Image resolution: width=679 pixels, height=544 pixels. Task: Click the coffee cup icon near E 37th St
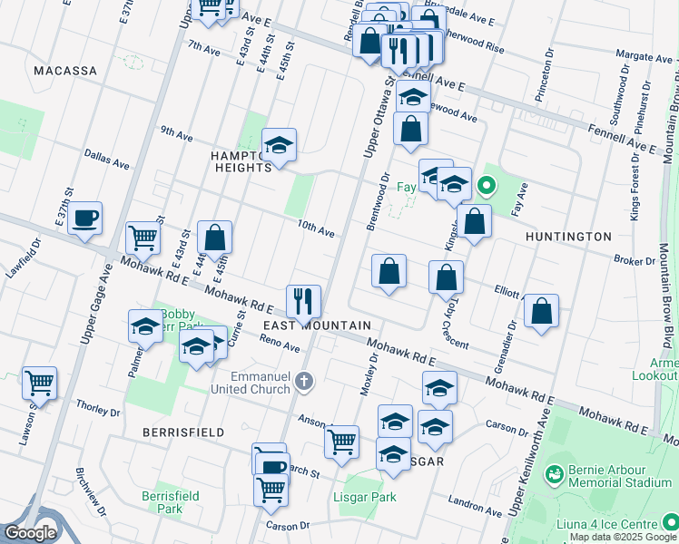(x=84, y=218)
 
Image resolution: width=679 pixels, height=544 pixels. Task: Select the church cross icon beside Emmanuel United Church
(x=304, y=383)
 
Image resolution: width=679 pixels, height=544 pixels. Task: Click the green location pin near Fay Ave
(x=487, y=188)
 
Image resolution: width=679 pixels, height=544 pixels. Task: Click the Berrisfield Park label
(x=162, y=502)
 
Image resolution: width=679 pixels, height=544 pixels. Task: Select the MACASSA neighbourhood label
(x=64, y=70)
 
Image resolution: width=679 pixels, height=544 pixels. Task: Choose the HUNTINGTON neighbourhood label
(x=568, y=237)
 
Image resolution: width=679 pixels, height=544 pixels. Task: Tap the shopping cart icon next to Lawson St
(x=39, y=382)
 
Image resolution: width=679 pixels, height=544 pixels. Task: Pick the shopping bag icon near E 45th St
(x=214, y=238)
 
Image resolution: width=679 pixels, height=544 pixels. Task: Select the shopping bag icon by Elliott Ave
(x=541, y=311)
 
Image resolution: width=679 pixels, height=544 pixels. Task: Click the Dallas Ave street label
(x=107, y=159)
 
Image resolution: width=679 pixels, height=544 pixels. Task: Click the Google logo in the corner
(x=30, y=532)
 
